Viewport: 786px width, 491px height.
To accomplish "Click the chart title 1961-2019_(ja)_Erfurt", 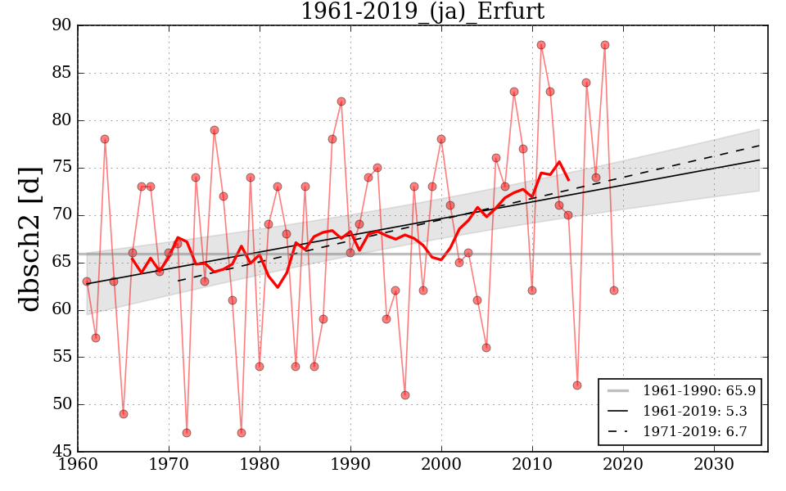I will [x=422, y=11].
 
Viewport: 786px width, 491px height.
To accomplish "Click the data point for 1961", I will [x=87, y=282].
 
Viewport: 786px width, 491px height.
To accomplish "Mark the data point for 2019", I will [x=614, y=291].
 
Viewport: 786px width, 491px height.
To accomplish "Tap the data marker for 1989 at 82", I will [x=341, y=101].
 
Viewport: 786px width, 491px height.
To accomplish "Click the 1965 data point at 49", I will [x=124, y=414].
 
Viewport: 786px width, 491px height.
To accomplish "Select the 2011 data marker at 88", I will [x=541, y=45].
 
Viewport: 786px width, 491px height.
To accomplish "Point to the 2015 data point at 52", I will [x=577, y=385].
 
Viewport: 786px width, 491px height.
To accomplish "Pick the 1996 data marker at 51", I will [x=405, y=395].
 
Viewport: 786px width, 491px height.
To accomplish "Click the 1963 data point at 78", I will [x=105, y=139].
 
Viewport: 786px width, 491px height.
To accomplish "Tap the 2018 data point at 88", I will [x=605, y=45].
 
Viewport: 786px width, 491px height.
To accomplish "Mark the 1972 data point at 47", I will [x=187, y=433].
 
